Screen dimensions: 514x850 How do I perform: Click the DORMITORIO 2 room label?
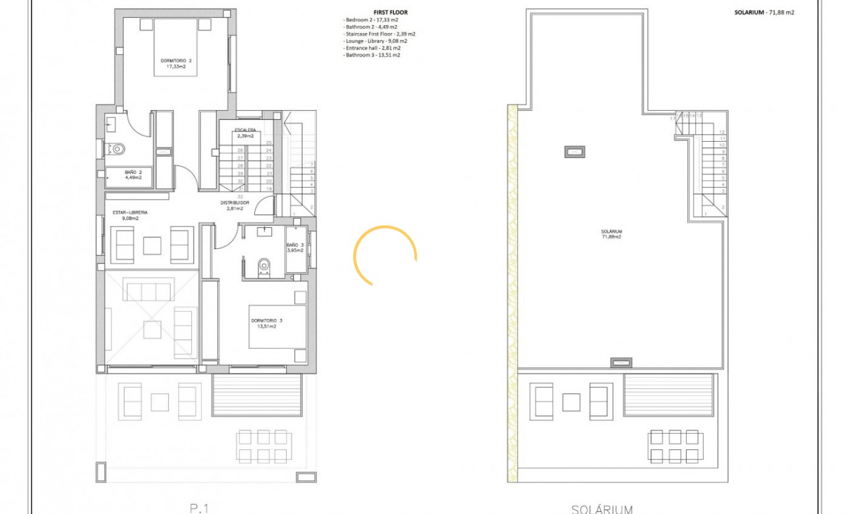tap(176, 63)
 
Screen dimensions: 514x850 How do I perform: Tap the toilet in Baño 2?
tap(116, 149)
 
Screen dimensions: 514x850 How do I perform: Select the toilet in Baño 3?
tap(264, 266)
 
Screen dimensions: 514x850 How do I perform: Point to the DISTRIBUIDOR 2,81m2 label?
tap(234, 206)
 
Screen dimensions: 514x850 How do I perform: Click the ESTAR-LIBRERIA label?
tap(129, 215)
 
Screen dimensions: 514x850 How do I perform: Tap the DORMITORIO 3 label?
tap(266, 324)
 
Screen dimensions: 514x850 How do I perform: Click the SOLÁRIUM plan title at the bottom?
tap(602, 508)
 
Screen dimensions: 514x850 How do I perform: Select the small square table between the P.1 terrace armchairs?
tap(160, 402)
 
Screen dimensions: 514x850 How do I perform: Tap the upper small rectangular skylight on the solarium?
tap(575, 152)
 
